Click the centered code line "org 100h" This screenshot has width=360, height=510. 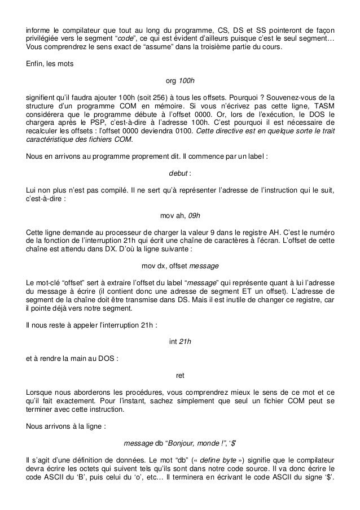pyautogui.click(x=180, y=80)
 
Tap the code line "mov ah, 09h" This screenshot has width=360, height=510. pyautogui.click(x=180, y=215)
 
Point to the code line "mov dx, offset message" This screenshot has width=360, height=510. pyautogui.click(x=180, y=265)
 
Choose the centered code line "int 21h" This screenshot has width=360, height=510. pyautogui.click(x=180, y=341)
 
